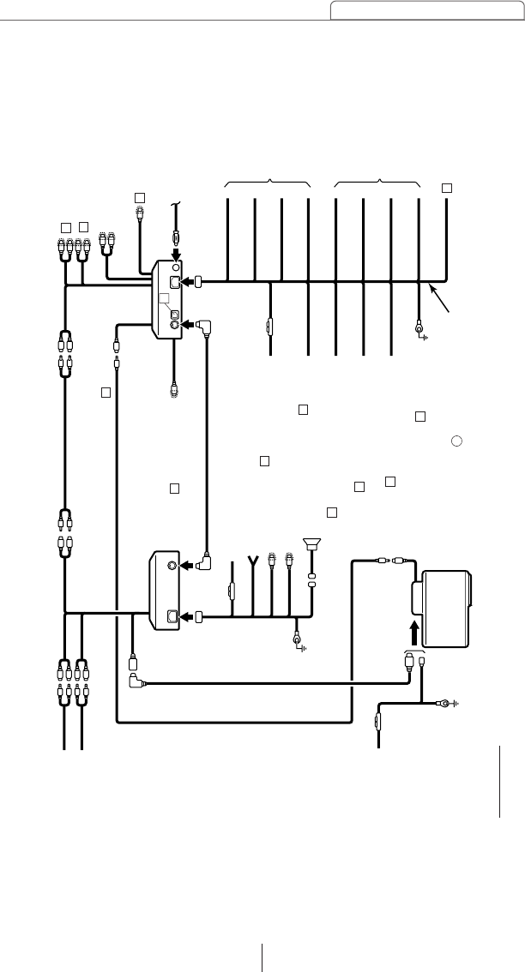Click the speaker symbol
click(x=311, y=543)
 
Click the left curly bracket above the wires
click(x=267, y=183)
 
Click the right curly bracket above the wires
click(x=377, y=183)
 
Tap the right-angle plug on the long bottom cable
click(x=135, y=683)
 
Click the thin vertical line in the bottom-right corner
click(x=499, y=781)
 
